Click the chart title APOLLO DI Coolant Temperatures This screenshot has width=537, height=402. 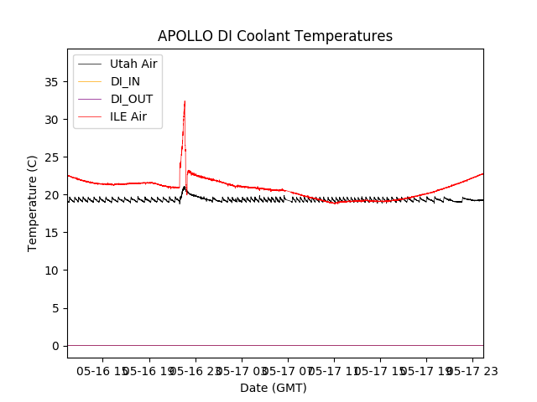coord(275,36)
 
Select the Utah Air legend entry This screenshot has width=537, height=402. coord(133,64)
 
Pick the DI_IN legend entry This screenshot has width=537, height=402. coord(127,81)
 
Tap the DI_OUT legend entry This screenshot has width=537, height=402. coord(132,99)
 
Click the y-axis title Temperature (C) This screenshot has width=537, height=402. coord(33,203)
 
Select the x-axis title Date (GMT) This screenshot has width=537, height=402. coord(274,388)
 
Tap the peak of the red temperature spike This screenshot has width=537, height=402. coord(185,101)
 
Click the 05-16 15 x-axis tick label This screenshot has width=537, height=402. coord(102,371)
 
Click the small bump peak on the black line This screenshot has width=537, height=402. coord(185,187)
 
